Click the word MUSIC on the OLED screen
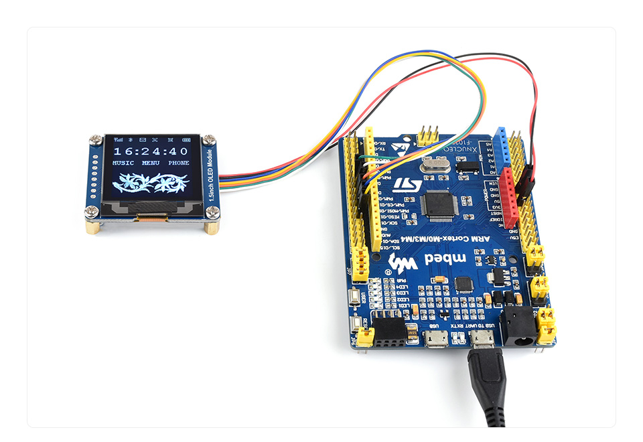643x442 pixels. [x=123, y=163]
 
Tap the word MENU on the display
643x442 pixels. [x=151, y=163]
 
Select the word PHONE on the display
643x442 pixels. [x=179, y=163]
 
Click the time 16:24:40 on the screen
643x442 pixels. [x=151, y=151]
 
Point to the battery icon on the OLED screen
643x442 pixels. [x=184, y=140]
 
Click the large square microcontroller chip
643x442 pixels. [x=439, y=206]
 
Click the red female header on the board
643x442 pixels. [x=510, y=198]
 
